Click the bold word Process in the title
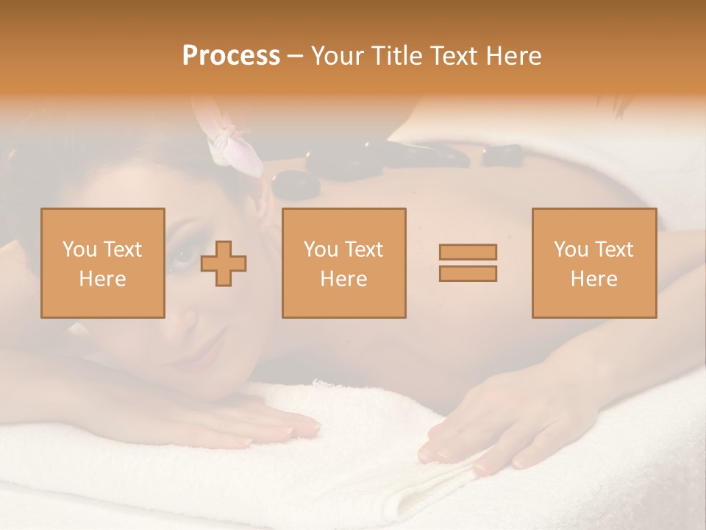231,56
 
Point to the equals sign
468,263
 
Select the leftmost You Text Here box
103,264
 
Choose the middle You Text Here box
344,264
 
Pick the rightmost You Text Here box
594,264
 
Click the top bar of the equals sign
468,252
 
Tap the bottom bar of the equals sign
468,273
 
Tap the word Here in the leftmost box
103,279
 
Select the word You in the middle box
321,250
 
